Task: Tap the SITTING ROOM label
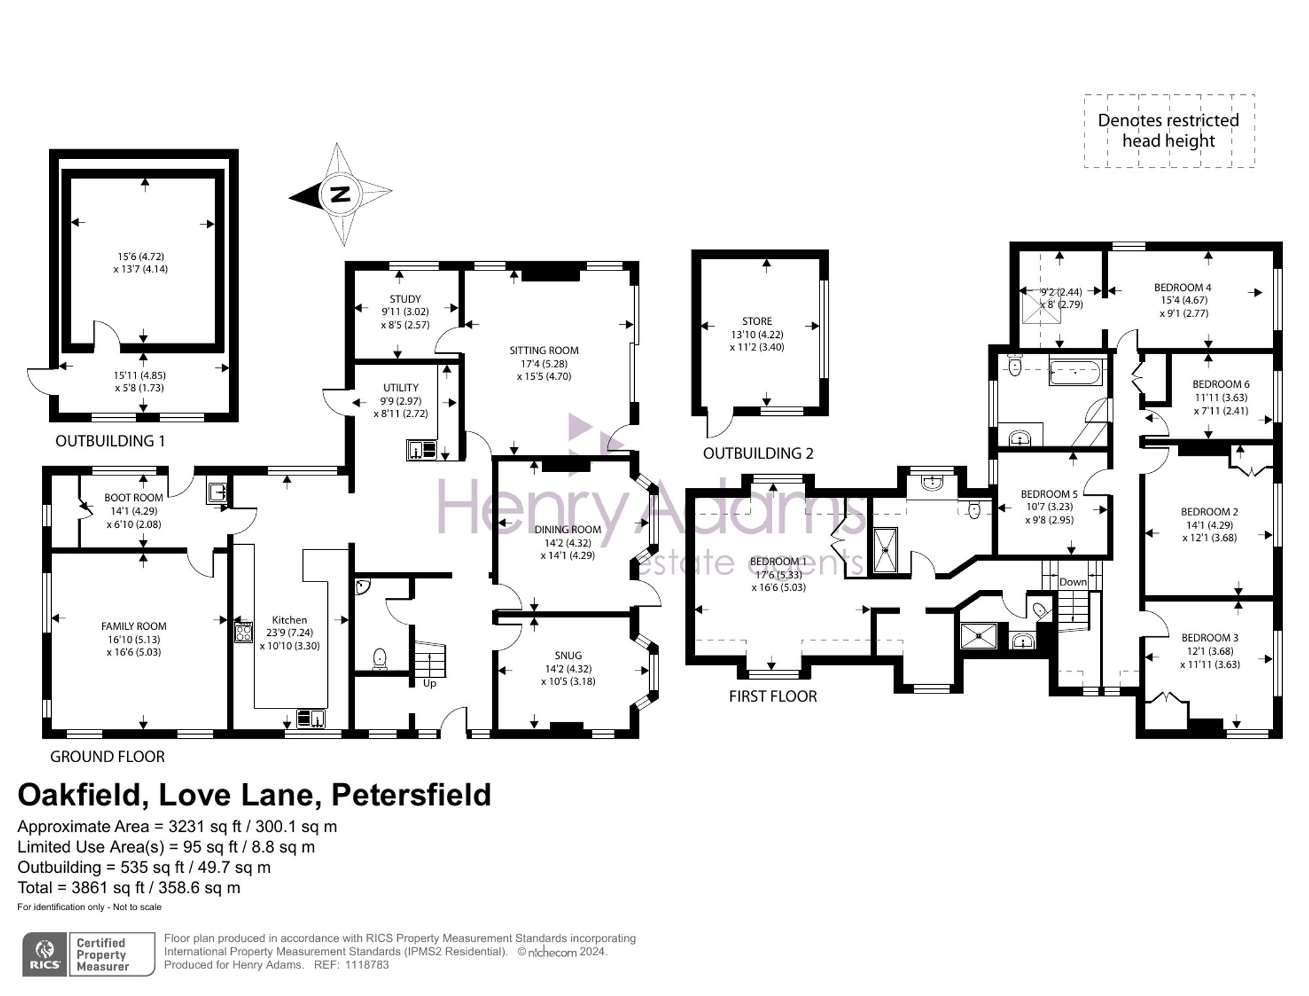click(544, 351)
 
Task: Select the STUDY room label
click(405, 299)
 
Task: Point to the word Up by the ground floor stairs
click(429, 684)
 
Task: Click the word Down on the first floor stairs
click(1073, 582)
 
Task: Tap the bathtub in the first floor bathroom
click(1076, 372)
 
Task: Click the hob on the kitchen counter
click(243, 632)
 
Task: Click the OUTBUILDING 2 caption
click(758, 454)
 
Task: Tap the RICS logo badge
click(45, 955)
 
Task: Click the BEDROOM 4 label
click(1183, 287)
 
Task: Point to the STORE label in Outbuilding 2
click(757, 322)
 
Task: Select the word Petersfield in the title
click(411, 795)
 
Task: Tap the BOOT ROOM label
click(134, 498)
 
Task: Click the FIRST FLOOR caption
click(773, 697)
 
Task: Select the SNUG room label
click(568, 655)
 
